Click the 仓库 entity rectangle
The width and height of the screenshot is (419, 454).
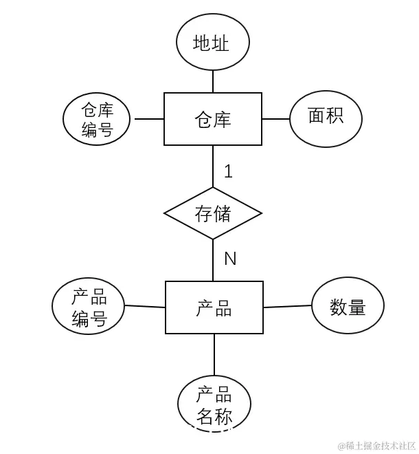[213, 119]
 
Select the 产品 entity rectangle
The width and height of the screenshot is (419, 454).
[214, 307]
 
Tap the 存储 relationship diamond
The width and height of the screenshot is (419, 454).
[213, 213]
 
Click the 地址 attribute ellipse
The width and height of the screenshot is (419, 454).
[212, 43]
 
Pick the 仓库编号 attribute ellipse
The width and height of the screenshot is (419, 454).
[97, 120]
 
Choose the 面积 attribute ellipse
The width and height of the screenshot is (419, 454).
[326, 117]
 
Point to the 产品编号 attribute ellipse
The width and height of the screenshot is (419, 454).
[89, 306]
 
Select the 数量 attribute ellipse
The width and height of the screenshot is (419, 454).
[348, 306]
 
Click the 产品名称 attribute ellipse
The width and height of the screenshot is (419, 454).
[214, 405]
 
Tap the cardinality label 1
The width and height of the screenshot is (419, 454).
[229, 171]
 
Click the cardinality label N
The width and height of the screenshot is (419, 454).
[230, 259]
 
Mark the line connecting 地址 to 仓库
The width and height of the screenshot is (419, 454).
[213, 81]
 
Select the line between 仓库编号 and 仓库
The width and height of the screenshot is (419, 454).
[148, 119]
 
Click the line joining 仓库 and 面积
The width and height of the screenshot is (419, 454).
[275, 119]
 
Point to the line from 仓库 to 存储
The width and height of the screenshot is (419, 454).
[213, 166]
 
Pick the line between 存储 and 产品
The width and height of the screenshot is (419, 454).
[213, 260]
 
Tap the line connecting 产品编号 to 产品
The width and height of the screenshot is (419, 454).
[146, 307]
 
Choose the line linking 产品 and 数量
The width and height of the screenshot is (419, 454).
[287, 306]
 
